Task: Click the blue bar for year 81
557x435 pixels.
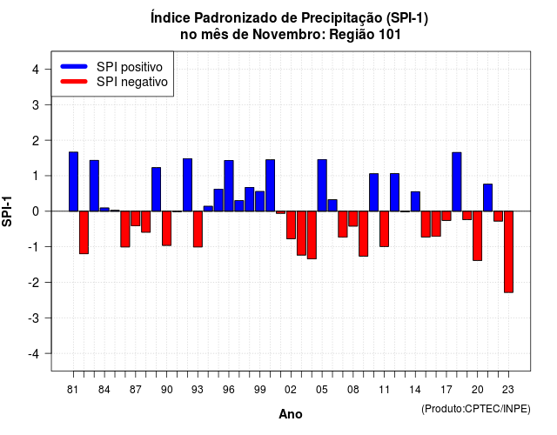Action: [73, 182]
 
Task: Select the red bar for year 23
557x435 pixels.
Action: [508, 251]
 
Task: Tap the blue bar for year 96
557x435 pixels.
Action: [229, 185]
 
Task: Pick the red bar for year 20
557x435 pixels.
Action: [478, 236]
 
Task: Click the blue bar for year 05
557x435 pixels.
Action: [322, 185]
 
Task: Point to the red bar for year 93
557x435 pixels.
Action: [198, 229]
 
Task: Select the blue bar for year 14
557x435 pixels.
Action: [415, 201]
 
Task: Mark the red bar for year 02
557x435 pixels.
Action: [291, 225]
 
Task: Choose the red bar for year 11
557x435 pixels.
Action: [385, 229]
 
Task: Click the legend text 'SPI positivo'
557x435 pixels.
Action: [130, 67]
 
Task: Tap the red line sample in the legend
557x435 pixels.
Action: [74, 82]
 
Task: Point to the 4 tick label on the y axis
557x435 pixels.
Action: [36, 69]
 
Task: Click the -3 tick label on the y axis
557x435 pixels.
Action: [34, 318]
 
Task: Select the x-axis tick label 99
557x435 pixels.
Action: [259, 390]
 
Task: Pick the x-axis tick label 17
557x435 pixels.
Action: [446, 390]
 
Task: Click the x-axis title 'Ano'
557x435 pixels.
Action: [291, 414]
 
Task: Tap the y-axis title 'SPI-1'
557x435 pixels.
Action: [7, 211]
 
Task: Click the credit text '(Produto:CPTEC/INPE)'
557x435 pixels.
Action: [476, 409]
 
